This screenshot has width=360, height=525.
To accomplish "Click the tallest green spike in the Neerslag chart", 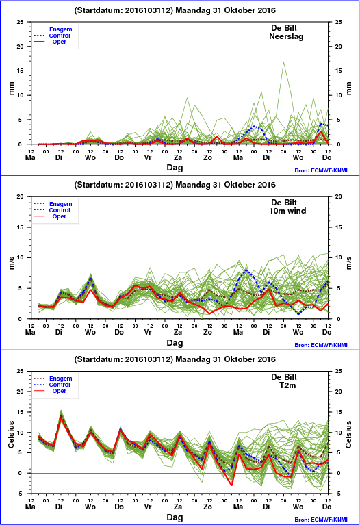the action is [283, 62].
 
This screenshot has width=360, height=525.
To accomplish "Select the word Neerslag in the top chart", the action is [286, 36].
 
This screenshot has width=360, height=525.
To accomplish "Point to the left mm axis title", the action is [12, 88].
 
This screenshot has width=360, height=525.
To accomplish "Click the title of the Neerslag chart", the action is [175, 10].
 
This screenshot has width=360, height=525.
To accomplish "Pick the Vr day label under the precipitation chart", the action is [148, 157].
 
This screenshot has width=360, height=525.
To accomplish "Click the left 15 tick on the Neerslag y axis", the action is [20, 71].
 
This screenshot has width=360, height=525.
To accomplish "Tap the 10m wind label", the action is [287, 211].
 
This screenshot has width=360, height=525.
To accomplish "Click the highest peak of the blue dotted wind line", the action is [246, 270].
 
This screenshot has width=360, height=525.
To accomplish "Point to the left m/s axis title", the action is [12, 263].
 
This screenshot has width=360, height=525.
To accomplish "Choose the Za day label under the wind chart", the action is [177, 332].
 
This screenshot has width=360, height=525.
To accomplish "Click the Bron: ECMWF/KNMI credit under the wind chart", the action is [321, 345].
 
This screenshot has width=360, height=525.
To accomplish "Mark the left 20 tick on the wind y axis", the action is [20, 196].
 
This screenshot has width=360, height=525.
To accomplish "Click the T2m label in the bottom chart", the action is [287, 385].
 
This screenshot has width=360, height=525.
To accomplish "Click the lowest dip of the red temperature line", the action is [231, 485].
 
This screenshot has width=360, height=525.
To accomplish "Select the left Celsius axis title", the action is [12, 434].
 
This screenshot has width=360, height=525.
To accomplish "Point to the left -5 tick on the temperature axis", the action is [21, 494].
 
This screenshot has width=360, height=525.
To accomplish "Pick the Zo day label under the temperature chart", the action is [207, 507].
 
